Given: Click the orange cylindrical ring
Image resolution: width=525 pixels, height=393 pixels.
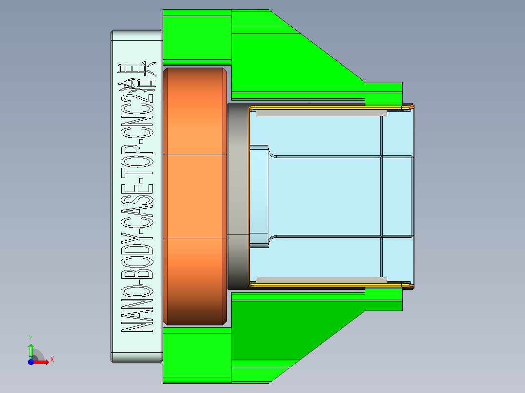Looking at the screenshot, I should [x=195, y=196].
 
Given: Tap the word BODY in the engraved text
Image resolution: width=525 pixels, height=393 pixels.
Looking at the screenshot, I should [x=136, y=258].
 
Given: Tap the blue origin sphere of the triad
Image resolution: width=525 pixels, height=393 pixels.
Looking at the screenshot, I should [x=31, y=362].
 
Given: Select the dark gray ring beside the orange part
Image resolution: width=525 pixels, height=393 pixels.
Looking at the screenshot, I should [x=237, y=196].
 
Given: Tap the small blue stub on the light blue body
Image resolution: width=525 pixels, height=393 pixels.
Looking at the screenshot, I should [x=259, y=196].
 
